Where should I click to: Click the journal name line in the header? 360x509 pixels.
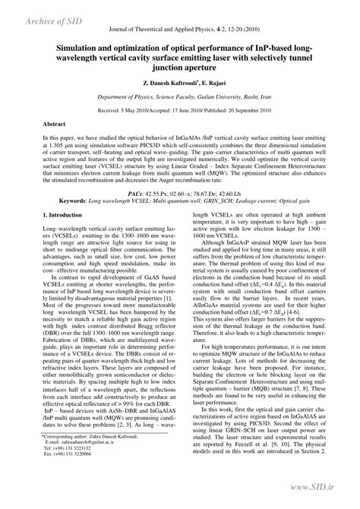tap(179, 27)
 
